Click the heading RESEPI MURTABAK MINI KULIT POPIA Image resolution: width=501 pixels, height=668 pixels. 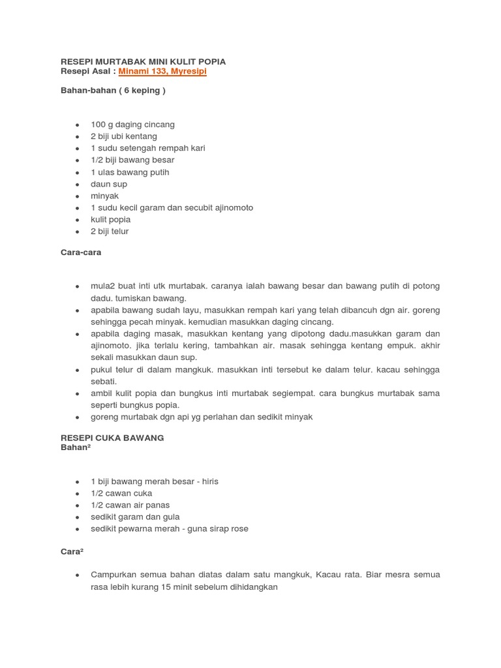pos(143,61)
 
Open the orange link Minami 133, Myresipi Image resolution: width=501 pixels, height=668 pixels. pos(162,71)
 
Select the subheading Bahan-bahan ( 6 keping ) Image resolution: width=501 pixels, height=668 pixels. pos(112,91)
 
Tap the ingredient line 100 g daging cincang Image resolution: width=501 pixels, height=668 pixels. pos(132,124)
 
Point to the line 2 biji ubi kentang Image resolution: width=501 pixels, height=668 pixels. pos(124,136)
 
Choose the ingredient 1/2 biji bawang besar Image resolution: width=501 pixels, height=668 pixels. pos(132,160)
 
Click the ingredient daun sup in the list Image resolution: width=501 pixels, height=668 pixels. pos(109,184)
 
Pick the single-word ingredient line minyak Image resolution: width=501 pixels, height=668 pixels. pos(105,196)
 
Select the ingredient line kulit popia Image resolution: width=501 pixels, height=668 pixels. pos(111,219)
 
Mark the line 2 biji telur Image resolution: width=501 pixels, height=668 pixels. pos(110,231)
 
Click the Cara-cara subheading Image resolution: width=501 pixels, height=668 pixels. pos(81,252)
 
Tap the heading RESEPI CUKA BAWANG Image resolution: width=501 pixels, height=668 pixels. pos(112,438)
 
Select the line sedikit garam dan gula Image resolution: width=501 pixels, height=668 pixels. pos(135,517)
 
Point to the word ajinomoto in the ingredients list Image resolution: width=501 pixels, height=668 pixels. pos(231,207)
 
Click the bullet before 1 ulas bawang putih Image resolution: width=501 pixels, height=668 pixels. pos(78,172)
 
